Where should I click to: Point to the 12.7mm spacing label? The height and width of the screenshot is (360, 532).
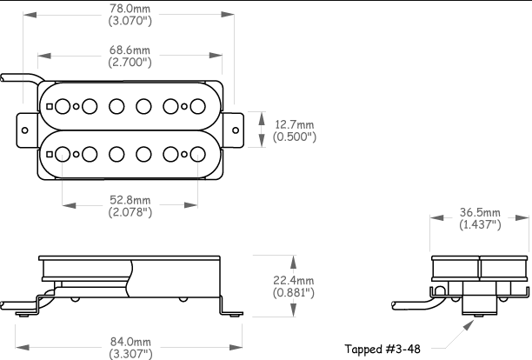[294, 123]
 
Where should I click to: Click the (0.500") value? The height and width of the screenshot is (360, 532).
[294, 137]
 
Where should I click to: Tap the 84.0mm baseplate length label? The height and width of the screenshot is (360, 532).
[129, 342]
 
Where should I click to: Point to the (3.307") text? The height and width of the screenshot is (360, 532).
[129, 354]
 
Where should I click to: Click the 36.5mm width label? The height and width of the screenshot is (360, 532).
[480, 212]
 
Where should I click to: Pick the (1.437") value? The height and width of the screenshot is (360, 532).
[480, 224]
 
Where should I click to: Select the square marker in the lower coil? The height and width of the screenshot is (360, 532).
[50, 155]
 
